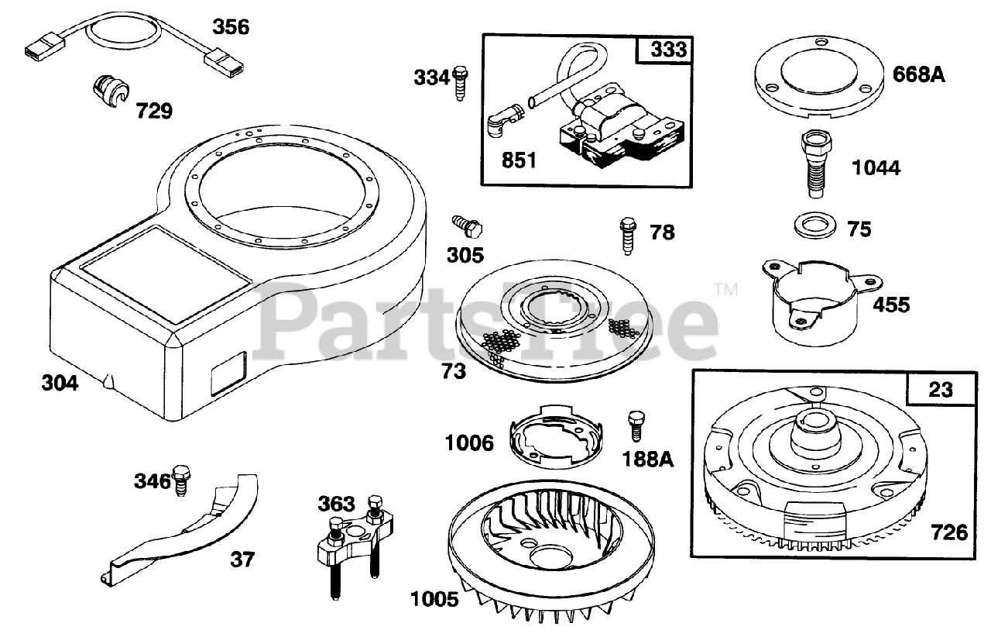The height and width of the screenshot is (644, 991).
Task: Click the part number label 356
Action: pyautogui.click(x=231, y=27)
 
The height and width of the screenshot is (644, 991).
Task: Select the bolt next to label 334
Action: pyautogui.click(x=460, y=80)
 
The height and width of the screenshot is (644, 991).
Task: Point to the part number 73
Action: pyautogui.click(x=454, y=371)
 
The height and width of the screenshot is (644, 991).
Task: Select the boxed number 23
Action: pyautogui.click(x=941, y=389)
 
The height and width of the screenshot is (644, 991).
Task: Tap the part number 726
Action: pyautogui.click(x=949, y=532)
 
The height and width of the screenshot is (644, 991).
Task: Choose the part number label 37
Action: pyautogui.click(x=242, y=560)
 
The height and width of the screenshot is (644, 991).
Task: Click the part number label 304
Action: pyautogui.click(x=60, y=383)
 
